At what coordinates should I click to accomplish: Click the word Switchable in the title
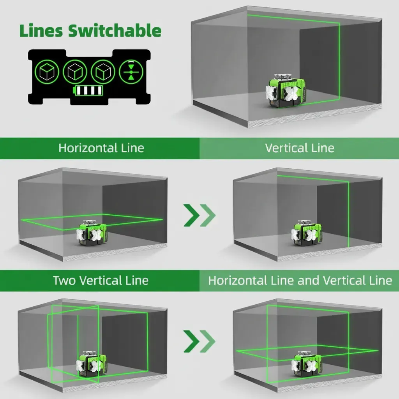pyautogui.click(x=115, y=31)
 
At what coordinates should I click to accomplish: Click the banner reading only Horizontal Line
pyautogui.click(x=101, y=148)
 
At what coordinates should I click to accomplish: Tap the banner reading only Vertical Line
pyautogui.click(x=299, y=148)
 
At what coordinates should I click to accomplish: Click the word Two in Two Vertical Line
pyautogui.click(x=64, y=280)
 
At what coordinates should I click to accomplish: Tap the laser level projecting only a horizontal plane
pyautogui.click(x=92, y=233)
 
